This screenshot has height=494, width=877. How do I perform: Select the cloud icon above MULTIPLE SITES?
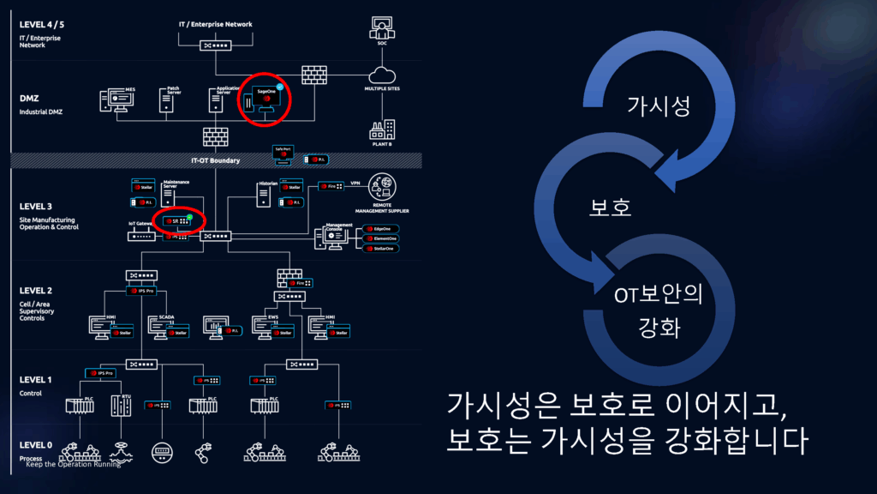382,75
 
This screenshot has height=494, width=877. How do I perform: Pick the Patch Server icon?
166,99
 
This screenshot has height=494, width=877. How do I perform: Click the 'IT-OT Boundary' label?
215,160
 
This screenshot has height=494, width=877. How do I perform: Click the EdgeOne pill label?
382,229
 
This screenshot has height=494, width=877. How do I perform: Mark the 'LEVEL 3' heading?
36,207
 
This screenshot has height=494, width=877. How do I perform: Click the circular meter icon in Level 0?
162,452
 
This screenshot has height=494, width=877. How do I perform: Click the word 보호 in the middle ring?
610,208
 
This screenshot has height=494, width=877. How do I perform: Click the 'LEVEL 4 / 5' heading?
42,24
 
